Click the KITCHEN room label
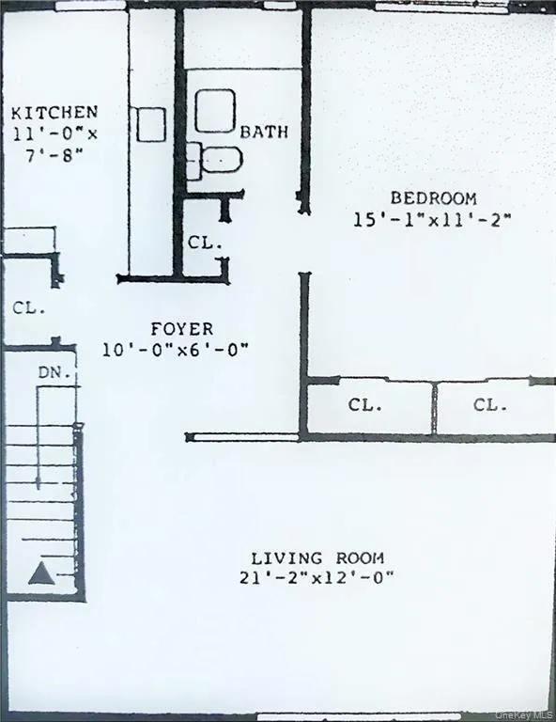[x=54, y=114]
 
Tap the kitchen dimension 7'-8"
[x=54, y=153]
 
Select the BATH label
[x=264, y=132]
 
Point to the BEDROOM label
[x=433, y=198]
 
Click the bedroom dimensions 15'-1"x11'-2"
[x=431, y=220]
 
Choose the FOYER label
[x=181, y=329]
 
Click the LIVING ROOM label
[x=317, y=557]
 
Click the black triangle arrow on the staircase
[x=39, y=573]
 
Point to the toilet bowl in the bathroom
[x=222, y=159]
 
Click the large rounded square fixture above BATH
[x=214, y=111]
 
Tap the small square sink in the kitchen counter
[x=151, y=124]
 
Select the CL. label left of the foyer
[x=28, y=307]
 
